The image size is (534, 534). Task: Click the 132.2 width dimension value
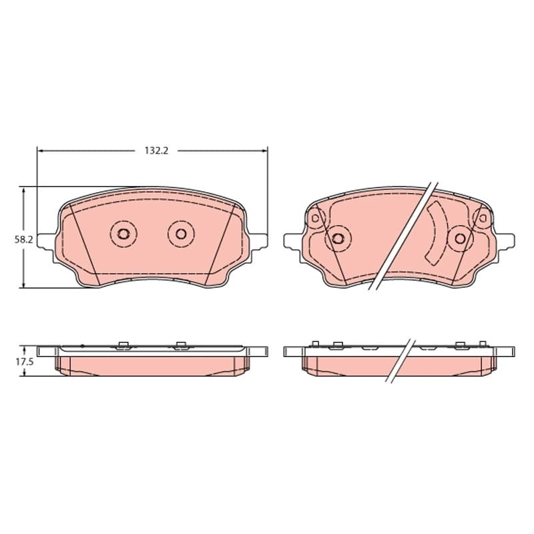point(156,150)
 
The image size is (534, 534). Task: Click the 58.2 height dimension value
point(23,240)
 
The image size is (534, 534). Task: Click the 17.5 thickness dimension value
point(24,362)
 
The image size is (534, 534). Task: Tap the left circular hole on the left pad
point(123,234)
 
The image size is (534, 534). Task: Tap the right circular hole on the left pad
point(181,234)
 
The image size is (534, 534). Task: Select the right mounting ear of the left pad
point(258,241)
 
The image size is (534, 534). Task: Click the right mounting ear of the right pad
point(505,241)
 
